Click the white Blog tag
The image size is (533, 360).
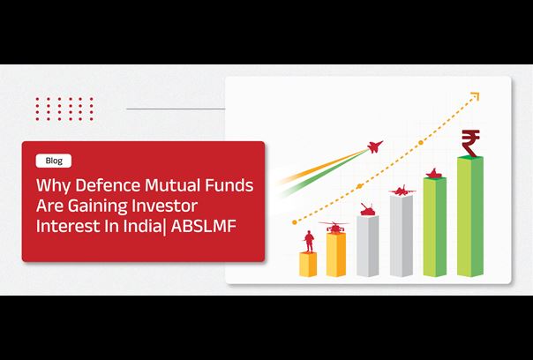pyautogui.click(x=53, y=161)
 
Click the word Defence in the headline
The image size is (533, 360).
pyautogui.click(x=107, y=185)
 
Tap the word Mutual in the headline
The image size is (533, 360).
pyautogui.click(x=172, y=185)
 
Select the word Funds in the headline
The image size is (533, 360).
pyautogui.click(x=229, y=185)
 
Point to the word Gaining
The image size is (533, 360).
pyautogui.click(x=103, y=206)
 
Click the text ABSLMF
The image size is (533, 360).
pyautogui.click(x=203, y=227)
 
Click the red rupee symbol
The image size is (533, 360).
pyautogui.click(x=471, y=143)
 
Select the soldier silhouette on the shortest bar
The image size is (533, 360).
pyautogui.click(x=309, y=242)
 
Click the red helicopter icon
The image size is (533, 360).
pyautogui.click(x=334, y=227)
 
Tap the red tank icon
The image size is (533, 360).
pyautogui.click(x=367, y=209)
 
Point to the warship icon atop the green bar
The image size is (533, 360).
pyautogui.click(x=434, y=174)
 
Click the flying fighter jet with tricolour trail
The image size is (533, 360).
pyautogui.click(x=375, y=146)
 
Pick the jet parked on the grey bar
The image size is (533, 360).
pyautogui.click(x=402, y=190)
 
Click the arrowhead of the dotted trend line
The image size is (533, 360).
pyautogui.click(x=476, y=96)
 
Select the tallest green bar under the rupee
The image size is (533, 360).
pyautogui.click(x=470, y=216)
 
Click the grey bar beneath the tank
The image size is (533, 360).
pyautogui.click(x=367, y=246)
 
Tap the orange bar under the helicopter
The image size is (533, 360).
pyautogui.click(x=336, y=255)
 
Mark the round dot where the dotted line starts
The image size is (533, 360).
pyautogui.click(x=295, y=222)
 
